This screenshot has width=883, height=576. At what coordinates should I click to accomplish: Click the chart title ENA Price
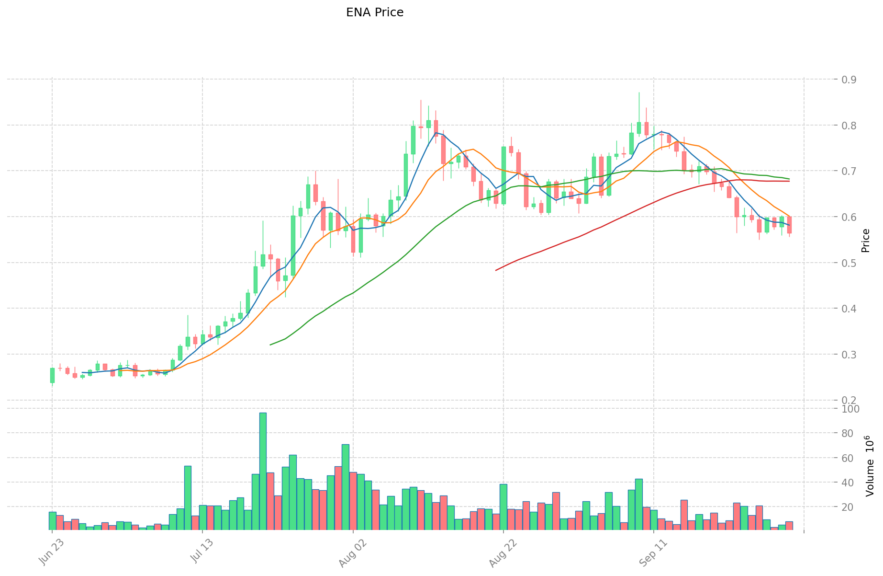click(375, 12)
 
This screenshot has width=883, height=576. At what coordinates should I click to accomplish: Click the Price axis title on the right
click(865, 241)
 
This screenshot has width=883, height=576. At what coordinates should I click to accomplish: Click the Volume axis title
click(870, 466)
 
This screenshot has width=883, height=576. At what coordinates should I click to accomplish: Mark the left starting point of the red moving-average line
click(496, 270)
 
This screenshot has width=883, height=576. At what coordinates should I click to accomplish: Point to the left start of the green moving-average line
click(270, 345)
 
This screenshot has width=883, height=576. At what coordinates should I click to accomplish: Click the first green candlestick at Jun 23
click(52, 375)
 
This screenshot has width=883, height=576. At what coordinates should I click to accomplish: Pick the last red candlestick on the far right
click(789, 225)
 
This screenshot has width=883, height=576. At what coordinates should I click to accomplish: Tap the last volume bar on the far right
click(789, 526)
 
